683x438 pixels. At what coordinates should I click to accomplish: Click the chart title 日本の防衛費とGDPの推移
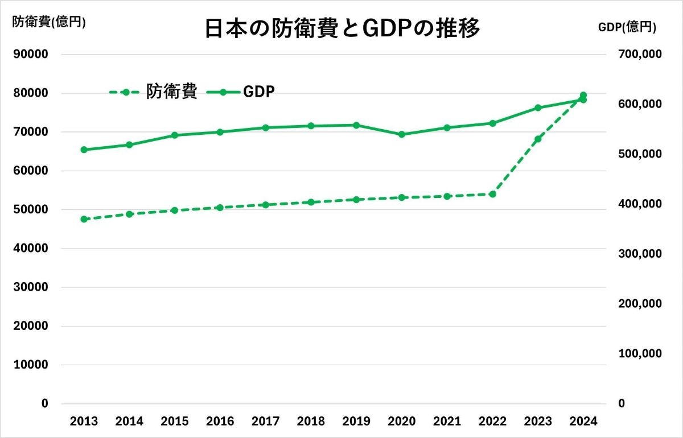[x=342, y=28]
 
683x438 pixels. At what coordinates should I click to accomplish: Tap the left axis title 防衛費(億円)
[x=49, y=23]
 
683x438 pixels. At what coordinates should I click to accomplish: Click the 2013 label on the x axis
[x=84, y=422]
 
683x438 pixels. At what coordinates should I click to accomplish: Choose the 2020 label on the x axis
[x=402, y=422]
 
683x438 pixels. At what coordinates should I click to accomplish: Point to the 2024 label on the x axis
[x=583, y=422]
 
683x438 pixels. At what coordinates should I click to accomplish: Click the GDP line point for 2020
[x=402, y=135]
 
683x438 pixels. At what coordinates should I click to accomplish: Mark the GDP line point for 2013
[x=84, y=150]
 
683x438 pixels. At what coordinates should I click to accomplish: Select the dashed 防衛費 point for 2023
[x=538, y=139]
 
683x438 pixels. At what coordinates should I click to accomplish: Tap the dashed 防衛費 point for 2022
[x=492, y=194]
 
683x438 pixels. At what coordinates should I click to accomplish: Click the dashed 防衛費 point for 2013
[x=84, y=219]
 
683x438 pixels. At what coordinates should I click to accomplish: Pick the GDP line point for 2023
[x=538, y=108]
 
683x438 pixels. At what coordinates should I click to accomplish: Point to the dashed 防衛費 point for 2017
[x=265, y=205]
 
